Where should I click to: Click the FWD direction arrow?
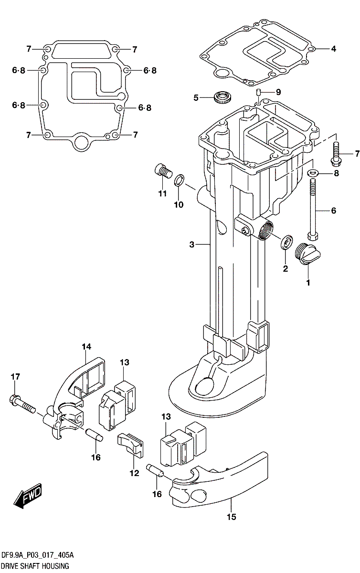pyautogui.click(x=28, y=496)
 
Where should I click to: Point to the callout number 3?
pyautogui.click(x=191, y=245)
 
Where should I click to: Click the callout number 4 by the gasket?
pyautogui.click(x=333, y=49)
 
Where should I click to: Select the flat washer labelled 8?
pyautogui.click(x=313, y=173)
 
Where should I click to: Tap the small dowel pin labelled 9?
pyautogui.click(x=258, y=92)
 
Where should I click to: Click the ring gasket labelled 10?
pyautogui.click(x=179, y=181)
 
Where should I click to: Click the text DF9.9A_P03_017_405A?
pyautogui.click(x=37, y=556)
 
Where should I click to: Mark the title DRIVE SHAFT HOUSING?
pyautogui.click(x=35, y=566)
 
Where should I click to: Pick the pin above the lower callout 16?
pyautogui.click(x=156, y=470)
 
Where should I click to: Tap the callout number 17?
pyautogui.click(x=15, y=377)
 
